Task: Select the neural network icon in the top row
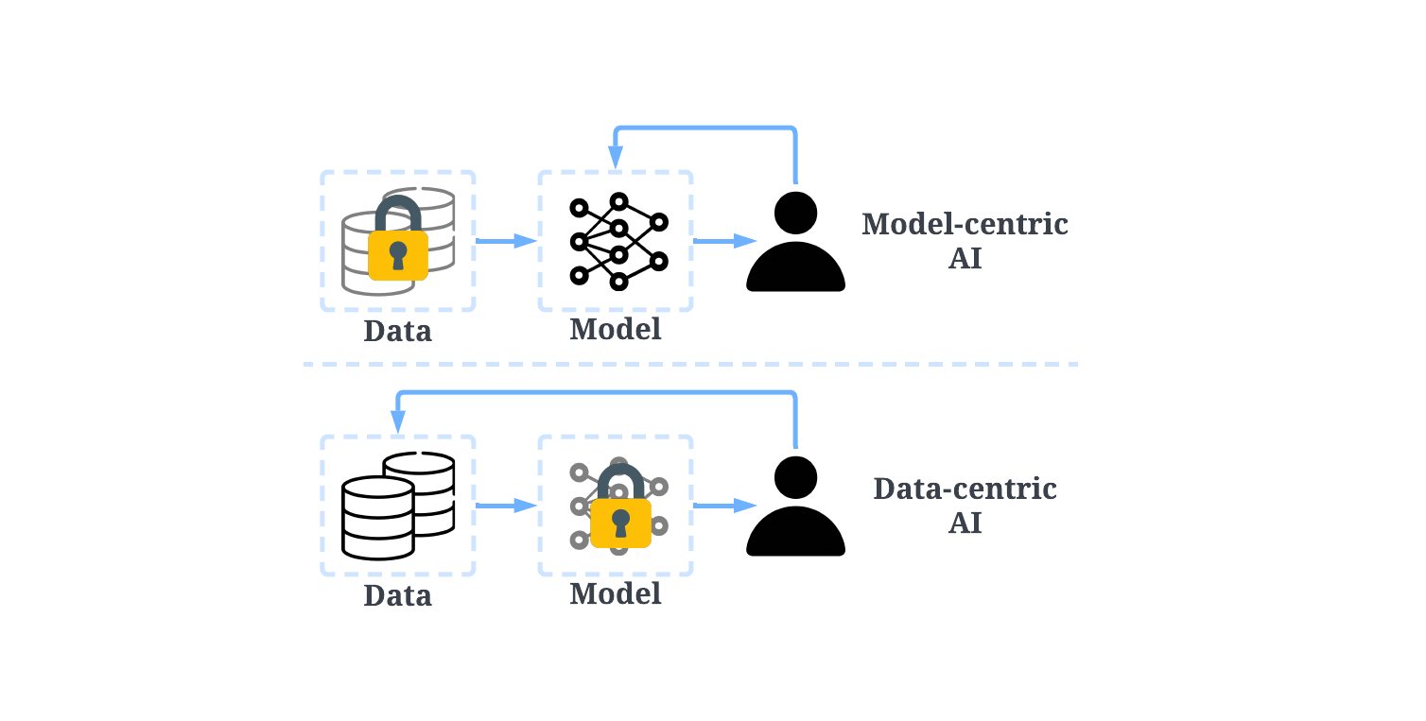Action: [618, 242]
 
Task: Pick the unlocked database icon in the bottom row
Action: [397, 506]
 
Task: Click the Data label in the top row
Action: [397, 332]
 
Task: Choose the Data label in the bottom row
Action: [397, 596]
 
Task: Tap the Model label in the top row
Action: [615, 330]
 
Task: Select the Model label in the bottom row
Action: [615, 594]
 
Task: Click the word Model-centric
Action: [965, 225]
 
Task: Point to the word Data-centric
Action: [965, 489]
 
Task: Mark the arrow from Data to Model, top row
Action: [506, 242]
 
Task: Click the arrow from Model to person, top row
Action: [724, 242]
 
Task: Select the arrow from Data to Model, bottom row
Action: [506, 506]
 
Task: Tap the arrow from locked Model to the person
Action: [724, 506]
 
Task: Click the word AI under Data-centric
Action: [965, 524]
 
